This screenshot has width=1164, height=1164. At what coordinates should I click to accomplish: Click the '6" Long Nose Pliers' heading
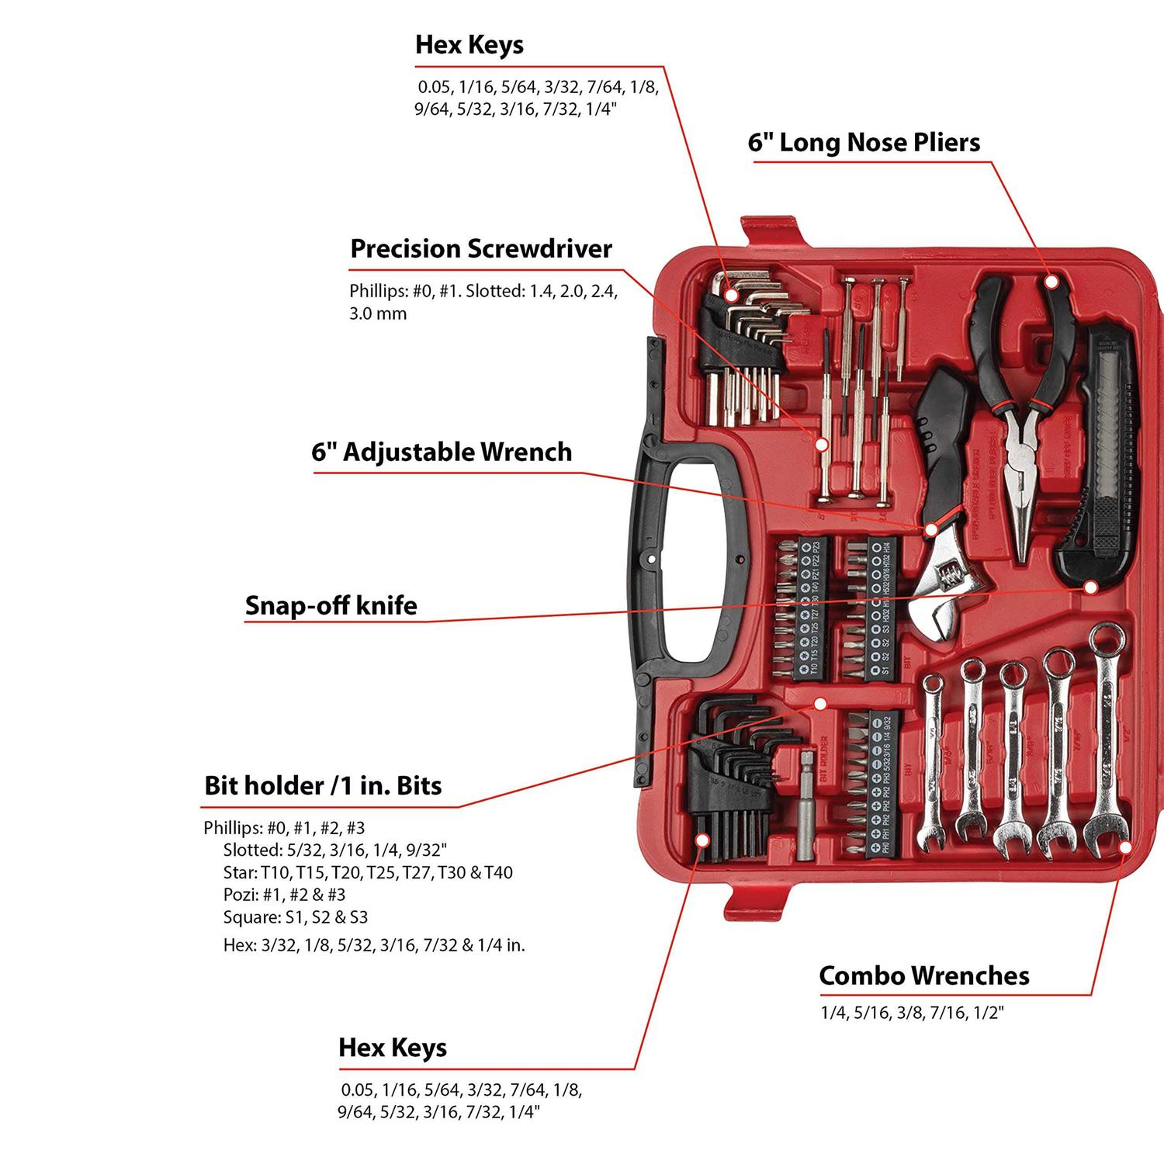(x=864, y=143)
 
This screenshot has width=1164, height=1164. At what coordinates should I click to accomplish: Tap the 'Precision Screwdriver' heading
(x=481, y=249)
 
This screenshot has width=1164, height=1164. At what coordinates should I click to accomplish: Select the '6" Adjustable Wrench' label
(x=442, y=452)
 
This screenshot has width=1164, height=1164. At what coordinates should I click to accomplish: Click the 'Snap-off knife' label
(x=331, y=605)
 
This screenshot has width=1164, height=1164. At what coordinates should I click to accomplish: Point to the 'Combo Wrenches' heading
(x=924, y=975)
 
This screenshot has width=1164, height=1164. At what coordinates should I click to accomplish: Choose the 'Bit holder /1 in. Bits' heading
(x=323, y=785)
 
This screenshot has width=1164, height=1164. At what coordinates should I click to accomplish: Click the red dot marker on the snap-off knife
(x=1090, y=587)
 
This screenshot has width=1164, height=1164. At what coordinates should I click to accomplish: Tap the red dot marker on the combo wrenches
(x=1125, y=847)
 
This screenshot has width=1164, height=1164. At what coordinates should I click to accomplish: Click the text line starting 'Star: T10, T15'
(x=368, y=872)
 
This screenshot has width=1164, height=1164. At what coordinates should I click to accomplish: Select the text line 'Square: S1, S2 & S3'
(x=295, y=917)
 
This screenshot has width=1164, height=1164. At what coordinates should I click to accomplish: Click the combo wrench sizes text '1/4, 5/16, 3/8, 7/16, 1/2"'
(x=912, y=1013)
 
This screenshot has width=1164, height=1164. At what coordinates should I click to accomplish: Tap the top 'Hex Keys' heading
(x=469, y=45)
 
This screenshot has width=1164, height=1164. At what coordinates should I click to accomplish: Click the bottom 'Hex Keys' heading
(x=393, y=1048)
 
